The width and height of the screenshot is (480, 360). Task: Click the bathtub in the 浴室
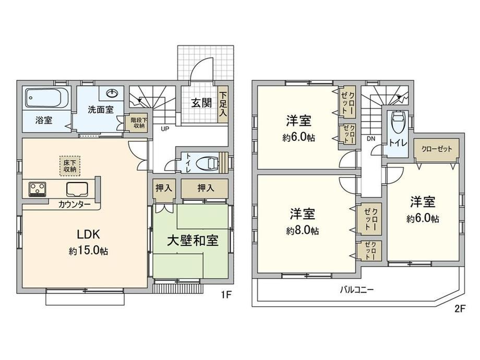click(46, 98)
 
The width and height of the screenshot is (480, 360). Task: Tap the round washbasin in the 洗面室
click(112, 93)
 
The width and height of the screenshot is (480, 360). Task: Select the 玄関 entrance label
click(202, 103)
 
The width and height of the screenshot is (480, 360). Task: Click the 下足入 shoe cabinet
click(223, 105)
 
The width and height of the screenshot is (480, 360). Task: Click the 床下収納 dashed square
click(70, 165)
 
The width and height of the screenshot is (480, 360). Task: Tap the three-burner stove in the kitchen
click(38, 189)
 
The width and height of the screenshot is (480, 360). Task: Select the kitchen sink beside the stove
click(77, 189)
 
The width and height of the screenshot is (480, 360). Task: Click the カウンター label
click(75, 205)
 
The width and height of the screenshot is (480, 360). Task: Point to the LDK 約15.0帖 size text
click(88, 251)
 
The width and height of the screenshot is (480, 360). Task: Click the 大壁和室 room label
click(193, 241)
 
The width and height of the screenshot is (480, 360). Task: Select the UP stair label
click(165, 129)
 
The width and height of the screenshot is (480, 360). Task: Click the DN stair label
click(371, 139)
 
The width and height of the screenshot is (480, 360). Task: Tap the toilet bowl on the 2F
click(399, 122)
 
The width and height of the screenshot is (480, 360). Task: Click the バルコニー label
click(357, 289)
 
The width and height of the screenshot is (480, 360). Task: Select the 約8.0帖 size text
click(303, 231)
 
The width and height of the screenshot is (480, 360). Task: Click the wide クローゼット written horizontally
click(437, 149)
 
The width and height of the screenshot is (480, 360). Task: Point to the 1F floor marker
click(226, 295)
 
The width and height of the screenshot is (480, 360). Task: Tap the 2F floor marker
click(460, 309)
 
